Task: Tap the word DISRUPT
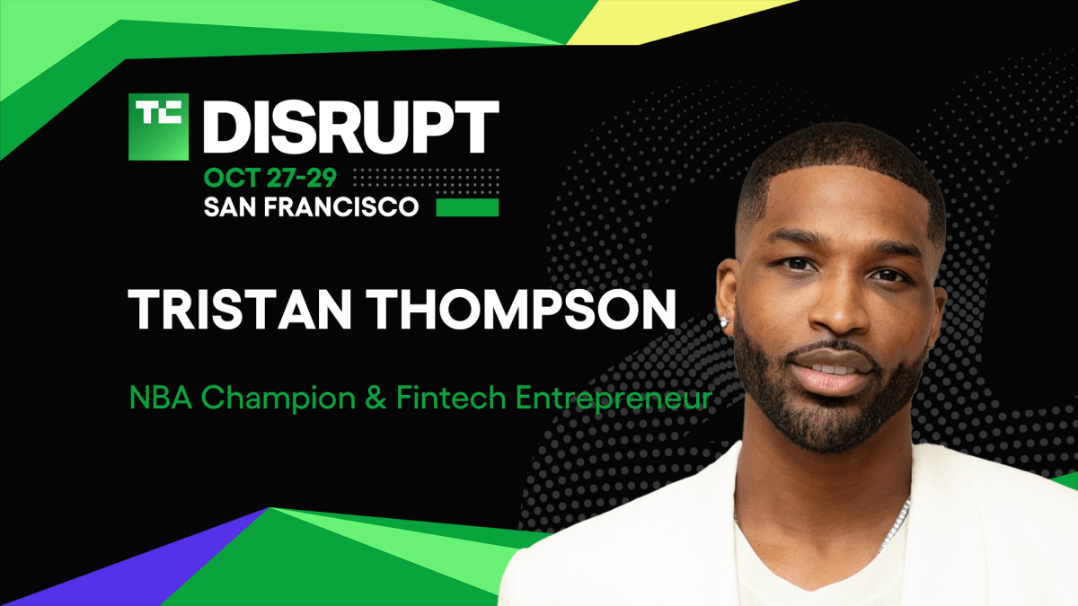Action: tap(349, 127)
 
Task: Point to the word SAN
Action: tap(231, 207)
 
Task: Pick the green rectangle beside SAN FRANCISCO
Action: tap(467, 207)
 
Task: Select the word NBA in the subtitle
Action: tap(159, 398)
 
